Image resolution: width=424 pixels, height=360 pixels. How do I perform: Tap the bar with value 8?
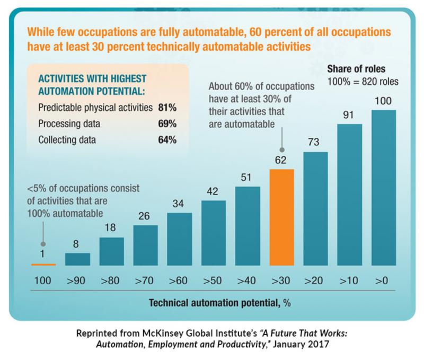point(77,259)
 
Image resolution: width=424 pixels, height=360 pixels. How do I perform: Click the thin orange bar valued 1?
point(43,264)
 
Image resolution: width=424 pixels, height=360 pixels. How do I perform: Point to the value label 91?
point(349,114)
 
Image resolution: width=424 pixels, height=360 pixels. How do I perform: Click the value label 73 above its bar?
point(315,142)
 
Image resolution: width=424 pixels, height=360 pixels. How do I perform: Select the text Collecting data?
point(67,140)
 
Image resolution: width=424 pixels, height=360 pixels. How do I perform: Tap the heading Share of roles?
point(356,70)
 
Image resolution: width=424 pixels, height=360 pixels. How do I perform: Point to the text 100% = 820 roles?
point(363,82)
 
